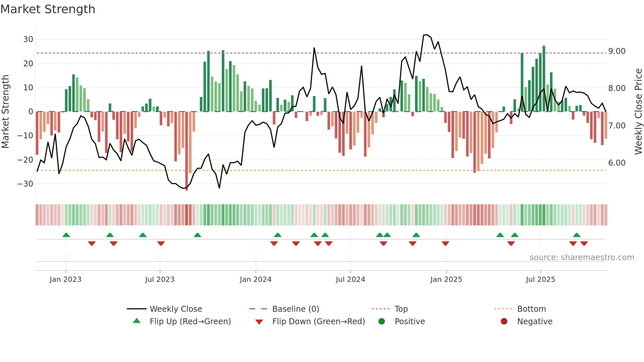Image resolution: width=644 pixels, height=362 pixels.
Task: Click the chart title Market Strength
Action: click(x=48, y=9)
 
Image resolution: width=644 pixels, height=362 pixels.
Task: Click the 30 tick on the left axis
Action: click(x=28, y=39)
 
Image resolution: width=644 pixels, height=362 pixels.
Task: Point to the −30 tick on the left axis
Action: click(x=25, y=184)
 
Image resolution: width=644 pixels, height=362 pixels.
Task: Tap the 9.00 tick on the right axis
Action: click(x=617, y=51)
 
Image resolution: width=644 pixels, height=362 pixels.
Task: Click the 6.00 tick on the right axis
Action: click(x=617, y=163)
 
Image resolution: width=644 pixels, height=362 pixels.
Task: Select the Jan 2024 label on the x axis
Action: click(x=255, y=280)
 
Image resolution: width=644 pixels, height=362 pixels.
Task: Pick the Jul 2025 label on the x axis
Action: click(x=540, y=280)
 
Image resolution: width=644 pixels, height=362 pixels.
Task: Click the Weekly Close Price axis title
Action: click(x=638, y=112)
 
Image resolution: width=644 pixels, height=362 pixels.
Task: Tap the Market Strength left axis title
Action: click(x=5, y=112)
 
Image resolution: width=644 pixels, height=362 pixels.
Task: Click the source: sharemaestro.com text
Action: click(x=582, y=258)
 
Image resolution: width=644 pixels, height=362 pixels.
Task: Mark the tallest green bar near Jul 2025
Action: click(x=544, y=79)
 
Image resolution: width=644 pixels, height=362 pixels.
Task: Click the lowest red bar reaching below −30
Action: click(x=187, y=151)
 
